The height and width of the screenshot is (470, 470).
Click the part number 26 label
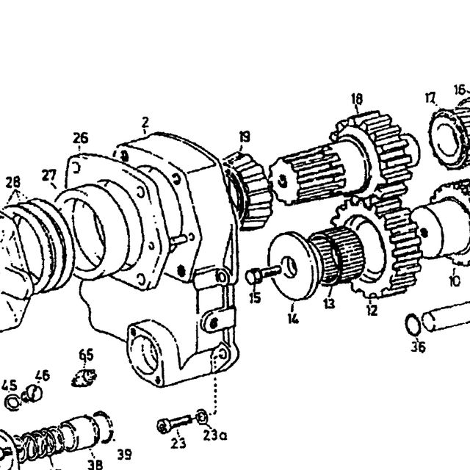[81, 138]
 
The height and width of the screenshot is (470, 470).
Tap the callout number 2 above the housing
[145, 122]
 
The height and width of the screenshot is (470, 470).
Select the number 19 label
[245, 137]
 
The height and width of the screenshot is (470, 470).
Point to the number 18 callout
[357, 99]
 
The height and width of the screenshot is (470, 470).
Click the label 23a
[214, 435]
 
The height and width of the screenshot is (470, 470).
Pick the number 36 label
[418, 347]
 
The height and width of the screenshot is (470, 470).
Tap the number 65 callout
[87, 355]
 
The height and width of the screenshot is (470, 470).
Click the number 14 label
[293, 319]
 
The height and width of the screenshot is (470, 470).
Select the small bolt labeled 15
[261, 275]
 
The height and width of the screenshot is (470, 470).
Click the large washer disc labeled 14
[292, 266]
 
